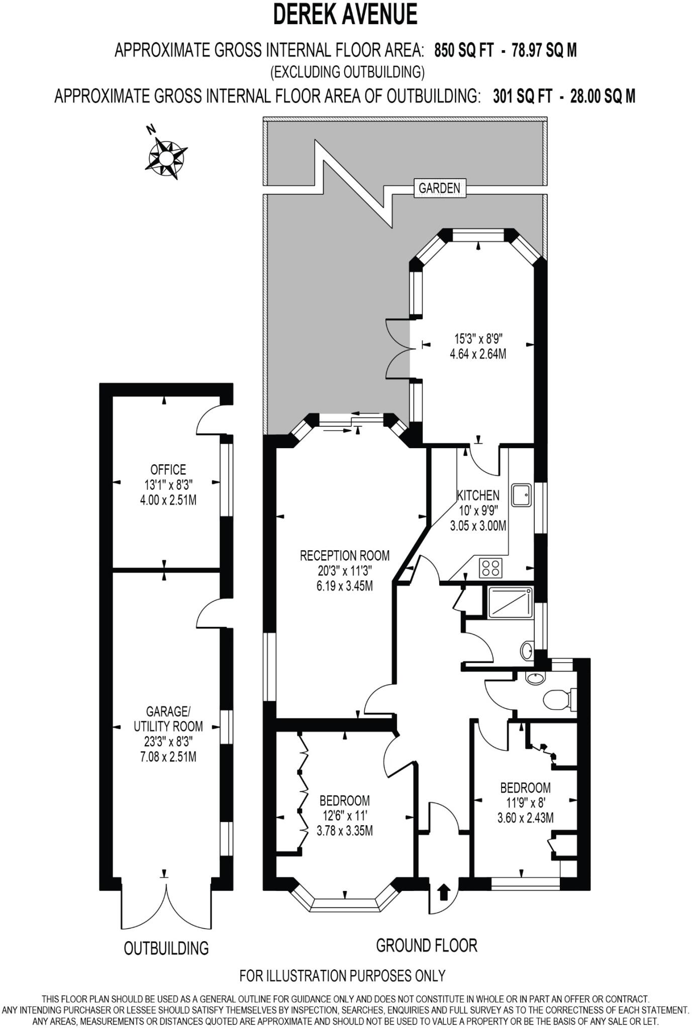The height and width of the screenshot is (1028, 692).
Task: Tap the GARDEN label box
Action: pos(439,188)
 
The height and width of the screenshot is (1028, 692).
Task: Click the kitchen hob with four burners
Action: pos(490,568)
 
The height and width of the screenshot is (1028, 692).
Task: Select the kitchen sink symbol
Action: pos(521,494)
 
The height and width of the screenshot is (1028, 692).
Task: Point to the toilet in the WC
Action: pos(559,699)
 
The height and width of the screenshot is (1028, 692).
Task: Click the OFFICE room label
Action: pos(168,469)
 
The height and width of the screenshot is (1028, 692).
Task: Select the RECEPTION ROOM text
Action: pos(344,556)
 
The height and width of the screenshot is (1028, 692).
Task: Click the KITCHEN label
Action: pos(478,495)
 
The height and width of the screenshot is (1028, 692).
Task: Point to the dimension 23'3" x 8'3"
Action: pos(168,741)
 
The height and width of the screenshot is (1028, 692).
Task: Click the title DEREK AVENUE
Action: pos(345,15)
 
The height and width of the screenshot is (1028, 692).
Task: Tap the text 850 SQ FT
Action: pos(464,51)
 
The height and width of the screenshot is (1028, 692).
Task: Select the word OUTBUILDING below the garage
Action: pos(166,948)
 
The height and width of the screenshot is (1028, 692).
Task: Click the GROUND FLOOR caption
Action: pos(426,946)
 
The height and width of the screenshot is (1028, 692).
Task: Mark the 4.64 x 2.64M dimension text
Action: pos(477,354)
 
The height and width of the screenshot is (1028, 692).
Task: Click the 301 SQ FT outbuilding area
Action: pos(522,95)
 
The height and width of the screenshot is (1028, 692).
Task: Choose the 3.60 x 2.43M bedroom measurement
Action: pos(525,818)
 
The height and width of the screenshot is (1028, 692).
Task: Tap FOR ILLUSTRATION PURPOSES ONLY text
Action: pos(342,976)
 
